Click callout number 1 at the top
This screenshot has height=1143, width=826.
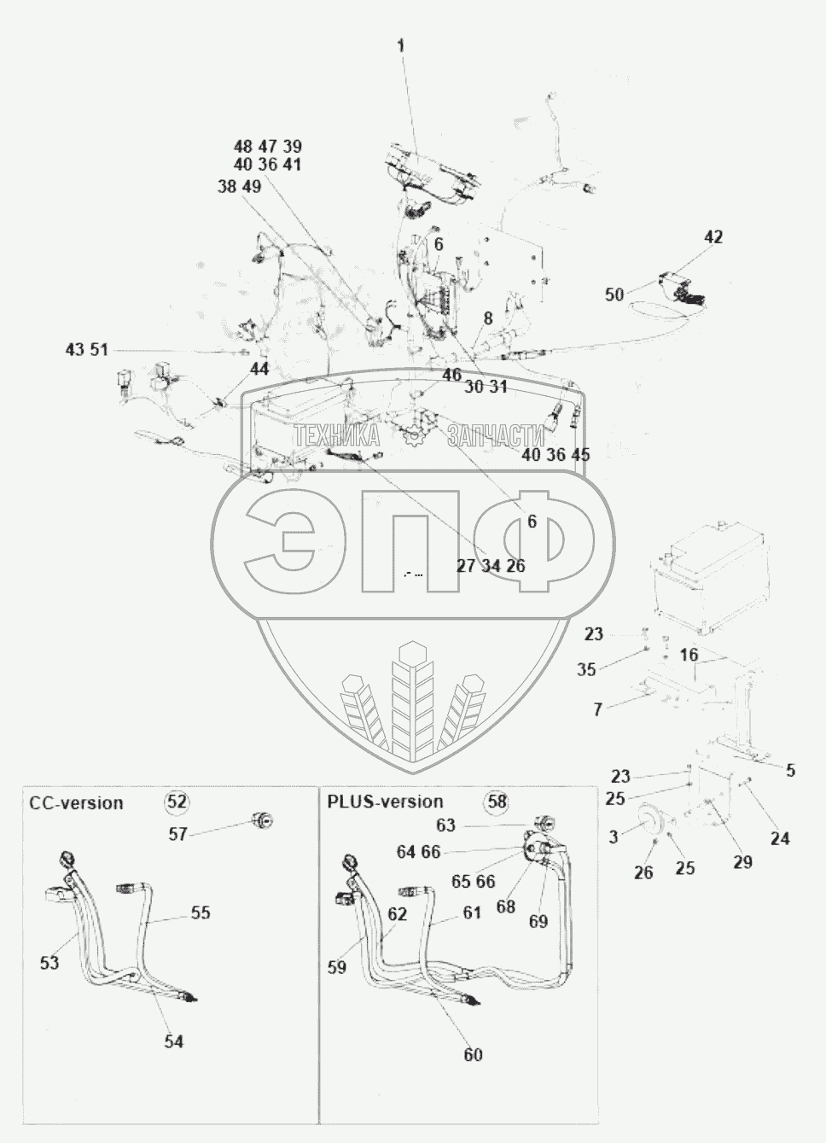click(400, 45)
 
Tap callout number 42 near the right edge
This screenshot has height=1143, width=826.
click(713, 237)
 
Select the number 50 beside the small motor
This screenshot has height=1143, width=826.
click(614, 294)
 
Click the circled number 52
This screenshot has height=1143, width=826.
click(177, 802)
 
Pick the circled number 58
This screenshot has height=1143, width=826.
click(497, 802)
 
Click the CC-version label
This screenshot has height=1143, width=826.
click(76, 803)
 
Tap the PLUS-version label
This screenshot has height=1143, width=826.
click(386, 802)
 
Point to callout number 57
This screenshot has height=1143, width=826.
click(177, 834)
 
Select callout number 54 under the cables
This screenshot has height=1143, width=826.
click(174, 1041)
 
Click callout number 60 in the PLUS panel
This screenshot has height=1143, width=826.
click(473, 1055)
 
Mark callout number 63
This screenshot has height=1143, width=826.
click(469, 825)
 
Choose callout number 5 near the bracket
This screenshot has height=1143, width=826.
click(790, 771)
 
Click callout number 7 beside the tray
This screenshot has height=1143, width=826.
click(597, 709)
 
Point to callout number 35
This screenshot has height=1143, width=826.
click(586, 669)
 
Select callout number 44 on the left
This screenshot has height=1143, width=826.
click(259, 369)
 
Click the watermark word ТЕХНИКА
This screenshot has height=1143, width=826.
click(337, 437)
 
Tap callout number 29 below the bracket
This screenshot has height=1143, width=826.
click(743, 861)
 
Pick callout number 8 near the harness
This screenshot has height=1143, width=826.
click(487, 318)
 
